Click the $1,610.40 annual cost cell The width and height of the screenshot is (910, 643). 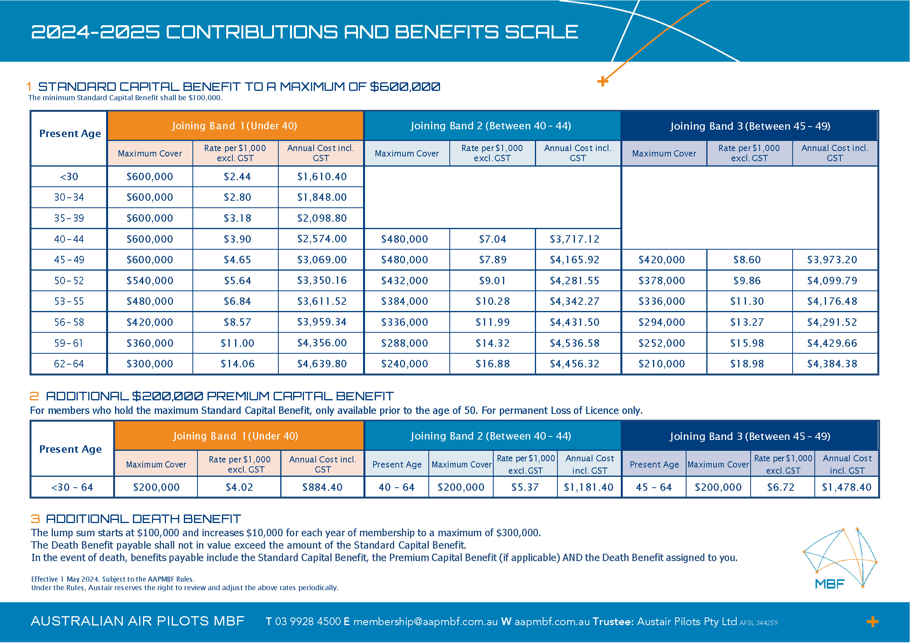click(x=321, y=177)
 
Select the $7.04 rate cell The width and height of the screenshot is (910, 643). click(x=492, y=239)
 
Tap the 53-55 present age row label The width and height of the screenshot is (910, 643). click(x=69, y=301)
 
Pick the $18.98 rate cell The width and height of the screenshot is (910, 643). click(x=747, y=364)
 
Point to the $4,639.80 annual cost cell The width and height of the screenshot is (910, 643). click(x=321, y=364)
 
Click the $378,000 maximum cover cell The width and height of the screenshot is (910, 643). click(x=661, y=281)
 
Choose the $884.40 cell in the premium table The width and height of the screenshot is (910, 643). click(x=322, y=487)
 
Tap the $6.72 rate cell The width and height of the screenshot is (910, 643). click(x=781, y=487)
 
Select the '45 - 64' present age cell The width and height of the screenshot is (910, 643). click(x=653, y=487)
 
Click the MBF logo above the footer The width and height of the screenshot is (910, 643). click(x=840, y=558)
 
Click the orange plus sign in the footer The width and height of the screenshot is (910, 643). click(x=872, y=622)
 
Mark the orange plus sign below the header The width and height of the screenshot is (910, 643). click(x=603, y=82)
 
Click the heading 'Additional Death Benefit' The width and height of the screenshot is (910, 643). click(x=143, y=519)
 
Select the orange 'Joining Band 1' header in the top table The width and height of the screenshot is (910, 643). click(x=235, y=126)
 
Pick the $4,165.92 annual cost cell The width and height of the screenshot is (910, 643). click(x=574, y=260)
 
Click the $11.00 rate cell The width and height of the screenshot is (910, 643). click(x=237, y=343)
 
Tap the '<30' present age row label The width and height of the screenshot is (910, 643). click(x=69, y=177)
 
